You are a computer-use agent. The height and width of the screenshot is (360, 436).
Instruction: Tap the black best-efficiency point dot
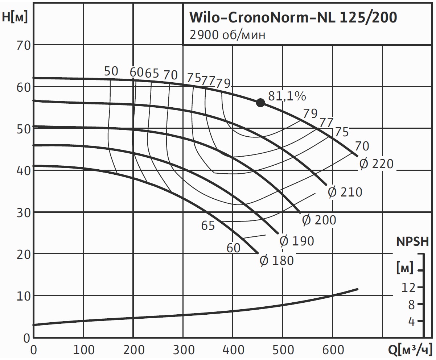[260, 103]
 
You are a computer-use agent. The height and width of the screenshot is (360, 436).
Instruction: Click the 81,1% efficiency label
[287, 96]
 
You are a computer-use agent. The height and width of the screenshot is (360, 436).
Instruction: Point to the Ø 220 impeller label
[376, 164]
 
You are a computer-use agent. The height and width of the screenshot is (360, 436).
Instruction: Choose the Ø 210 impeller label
[345, 192]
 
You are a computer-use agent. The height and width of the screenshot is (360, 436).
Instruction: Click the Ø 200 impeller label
[319, 220]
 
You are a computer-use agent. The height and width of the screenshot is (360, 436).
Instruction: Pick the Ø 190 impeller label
[297, 241]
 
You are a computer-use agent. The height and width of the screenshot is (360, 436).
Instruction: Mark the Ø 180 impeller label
[277, 260]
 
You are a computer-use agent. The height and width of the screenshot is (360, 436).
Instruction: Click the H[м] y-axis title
[15, 17]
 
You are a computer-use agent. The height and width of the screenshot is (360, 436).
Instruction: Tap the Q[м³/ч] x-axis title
[410, 350]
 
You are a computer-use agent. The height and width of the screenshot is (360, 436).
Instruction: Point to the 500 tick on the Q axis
[283, 350]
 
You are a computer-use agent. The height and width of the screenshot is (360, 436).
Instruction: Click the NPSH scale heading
[412, 241]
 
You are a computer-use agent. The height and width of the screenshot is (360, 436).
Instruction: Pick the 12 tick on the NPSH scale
[408, 287]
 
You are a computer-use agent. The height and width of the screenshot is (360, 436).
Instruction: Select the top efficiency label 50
[111, 71]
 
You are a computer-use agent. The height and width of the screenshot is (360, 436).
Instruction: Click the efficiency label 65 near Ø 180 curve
[208, 225]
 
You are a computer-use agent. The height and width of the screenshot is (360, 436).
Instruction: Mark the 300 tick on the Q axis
[183, 350]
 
